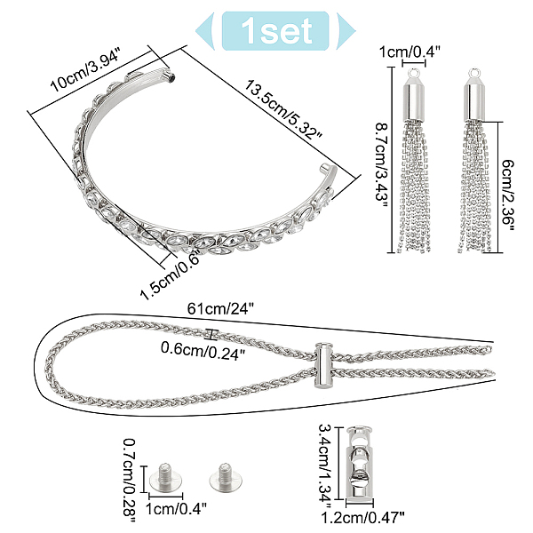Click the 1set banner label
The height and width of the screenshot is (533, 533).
[x=276, y=31]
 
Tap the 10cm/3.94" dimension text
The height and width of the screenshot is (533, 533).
[x=85, y=70]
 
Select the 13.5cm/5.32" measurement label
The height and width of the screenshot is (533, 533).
[x=283, y=110]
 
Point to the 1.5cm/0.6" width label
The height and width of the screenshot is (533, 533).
[x=170, y=276]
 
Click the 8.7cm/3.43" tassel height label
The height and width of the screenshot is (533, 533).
[x=382, y=167]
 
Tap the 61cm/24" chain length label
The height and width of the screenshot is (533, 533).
[x=220, y=309]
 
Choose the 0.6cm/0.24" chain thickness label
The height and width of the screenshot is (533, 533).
[x=203, y=349]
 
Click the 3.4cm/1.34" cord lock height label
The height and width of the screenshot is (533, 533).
[x=325, y=463]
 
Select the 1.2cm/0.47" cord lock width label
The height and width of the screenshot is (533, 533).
[x=362, y=518]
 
